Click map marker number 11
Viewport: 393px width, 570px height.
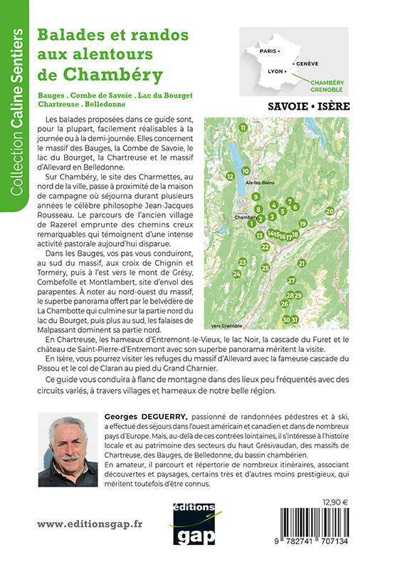click(x=243, y=128)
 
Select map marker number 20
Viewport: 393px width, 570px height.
click(x=330, y=211)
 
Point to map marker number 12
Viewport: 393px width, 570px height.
click(x=230, y=175)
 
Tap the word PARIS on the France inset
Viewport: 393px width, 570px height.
click(x=268, y=52)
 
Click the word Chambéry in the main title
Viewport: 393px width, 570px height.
click(x=112, y=73)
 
